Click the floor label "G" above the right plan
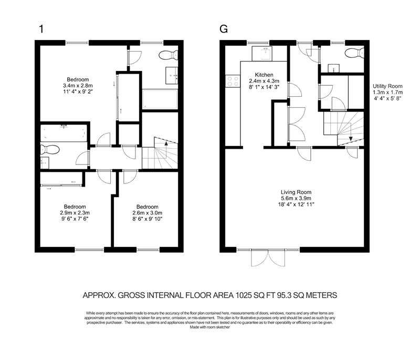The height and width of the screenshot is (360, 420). pyautogui.click(x=224, y=28)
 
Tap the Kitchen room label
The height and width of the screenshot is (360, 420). pyautogui.click(x=263, y=75)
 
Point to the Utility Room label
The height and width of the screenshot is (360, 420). pyautogui.click(x=387, y=86)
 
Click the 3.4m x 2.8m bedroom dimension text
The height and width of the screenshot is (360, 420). pyautogui.click(x=77, y=85)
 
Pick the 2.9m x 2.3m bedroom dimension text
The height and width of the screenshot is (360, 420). pyautogui.click(x=75, y=213)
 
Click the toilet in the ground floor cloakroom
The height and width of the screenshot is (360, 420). pyautogui.click(x=352, y=52)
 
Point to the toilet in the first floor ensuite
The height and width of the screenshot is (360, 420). pyautogui.click(x=46, y=149)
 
